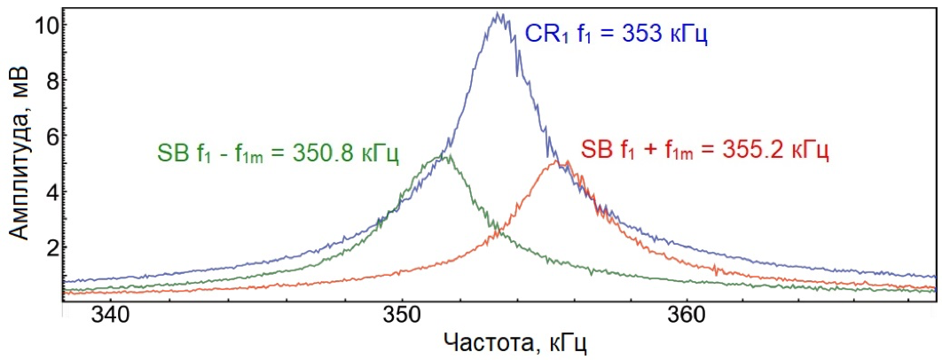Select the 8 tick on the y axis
(x=51, y=80)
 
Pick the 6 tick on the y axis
(x=51, y=136)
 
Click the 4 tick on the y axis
(x=51, y=191)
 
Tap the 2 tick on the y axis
(x=51, y=247)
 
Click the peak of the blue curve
(x=498, y=14)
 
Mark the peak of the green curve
(x=449, y=156)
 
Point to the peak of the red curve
(x=556, y=160)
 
